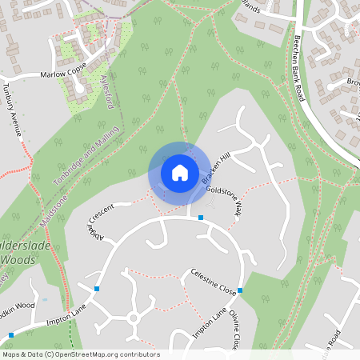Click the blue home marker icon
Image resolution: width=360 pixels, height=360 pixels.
pos(180,173)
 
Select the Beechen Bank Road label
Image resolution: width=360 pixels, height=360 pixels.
pos(300,67)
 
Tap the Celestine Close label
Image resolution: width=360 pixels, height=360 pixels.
pos(213,282)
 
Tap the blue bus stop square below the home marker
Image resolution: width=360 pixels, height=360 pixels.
pos(201,218)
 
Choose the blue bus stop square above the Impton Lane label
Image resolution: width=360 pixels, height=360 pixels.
pos(98,288)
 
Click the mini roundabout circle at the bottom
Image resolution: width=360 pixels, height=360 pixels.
pos(134,318)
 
